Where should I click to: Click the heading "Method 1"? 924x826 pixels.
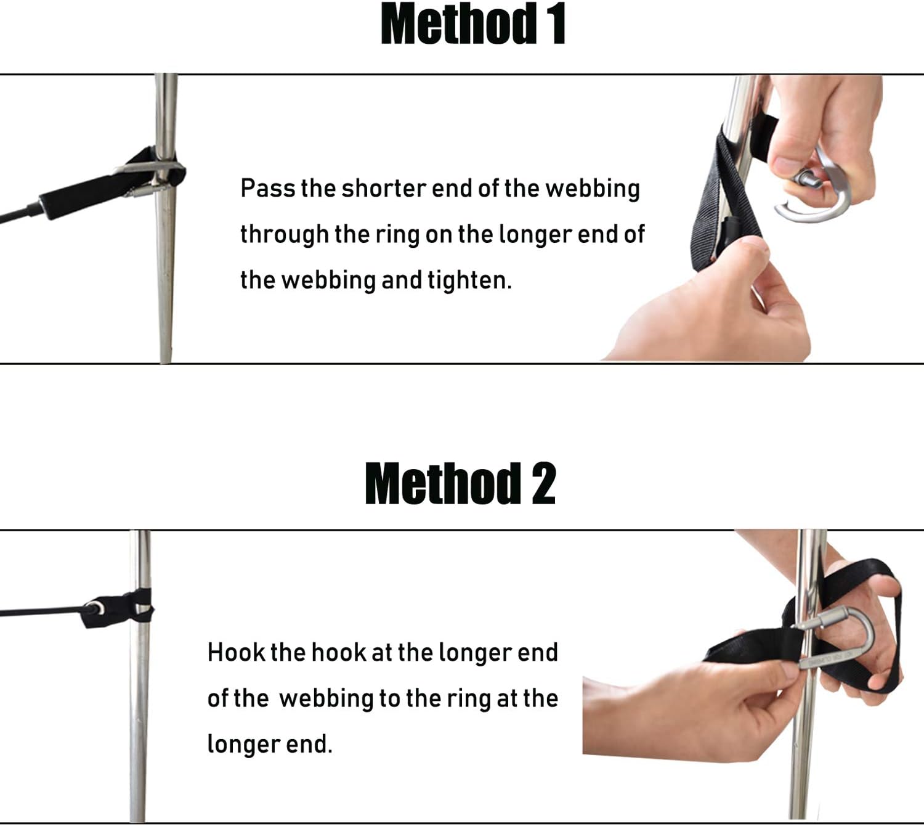(x=472, y=25)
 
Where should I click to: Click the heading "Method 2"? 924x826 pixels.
(x=460, y=484)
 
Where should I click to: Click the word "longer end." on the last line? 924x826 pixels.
(x=269, y=744)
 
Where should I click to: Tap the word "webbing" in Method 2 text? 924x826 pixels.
(x=326, y=698)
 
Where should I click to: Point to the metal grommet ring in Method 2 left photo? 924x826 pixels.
(x=94, y=608)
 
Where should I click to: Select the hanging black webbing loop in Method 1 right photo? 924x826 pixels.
(x=718, y=203)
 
